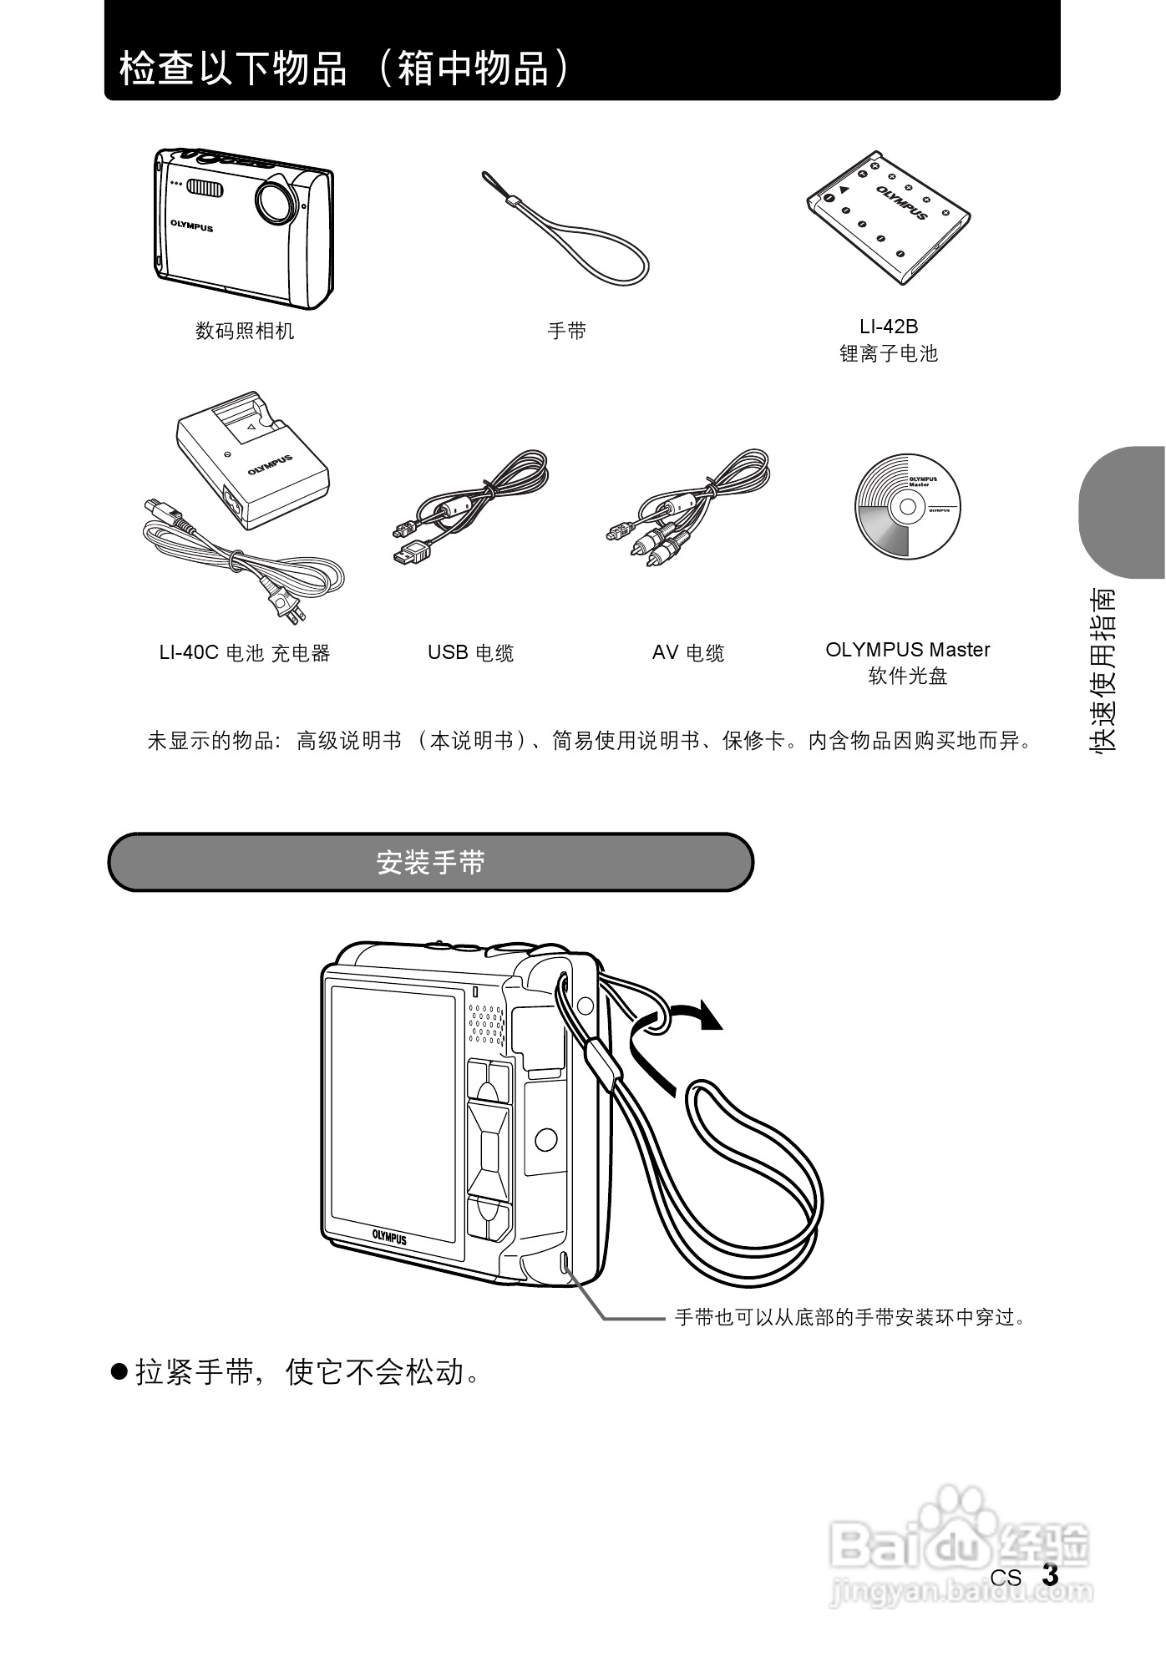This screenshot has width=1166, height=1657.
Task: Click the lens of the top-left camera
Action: tap(275, 200)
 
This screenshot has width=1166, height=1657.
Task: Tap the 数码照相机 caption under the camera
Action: tap(245, 332)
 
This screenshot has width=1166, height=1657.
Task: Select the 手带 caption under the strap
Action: tap(567, 332)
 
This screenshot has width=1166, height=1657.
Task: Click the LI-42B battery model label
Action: tap(889, 327)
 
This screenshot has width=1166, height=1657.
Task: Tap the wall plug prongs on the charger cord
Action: tap(290, 610)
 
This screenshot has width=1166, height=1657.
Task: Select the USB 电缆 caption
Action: tap(471, 653)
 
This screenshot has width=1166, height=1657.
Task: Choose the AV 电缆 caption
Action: tap(688, 653)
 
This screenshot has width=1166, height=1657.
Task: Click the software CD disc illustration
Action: tap(907, 507)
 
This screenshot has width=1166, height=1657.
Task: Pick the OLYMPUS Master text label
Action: tap(908, 650)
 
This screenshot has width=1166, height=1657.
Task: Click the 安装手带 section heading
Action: tap(431, 863)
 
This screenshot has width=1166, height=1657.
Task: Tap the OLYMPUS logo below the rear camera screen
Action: tap(389, 1237)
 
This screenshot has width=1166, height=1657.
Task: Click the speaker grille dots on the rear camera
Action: tap(486, 1023)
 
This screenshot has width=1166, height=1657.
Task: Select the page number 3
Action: tap(1050, 1576)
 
